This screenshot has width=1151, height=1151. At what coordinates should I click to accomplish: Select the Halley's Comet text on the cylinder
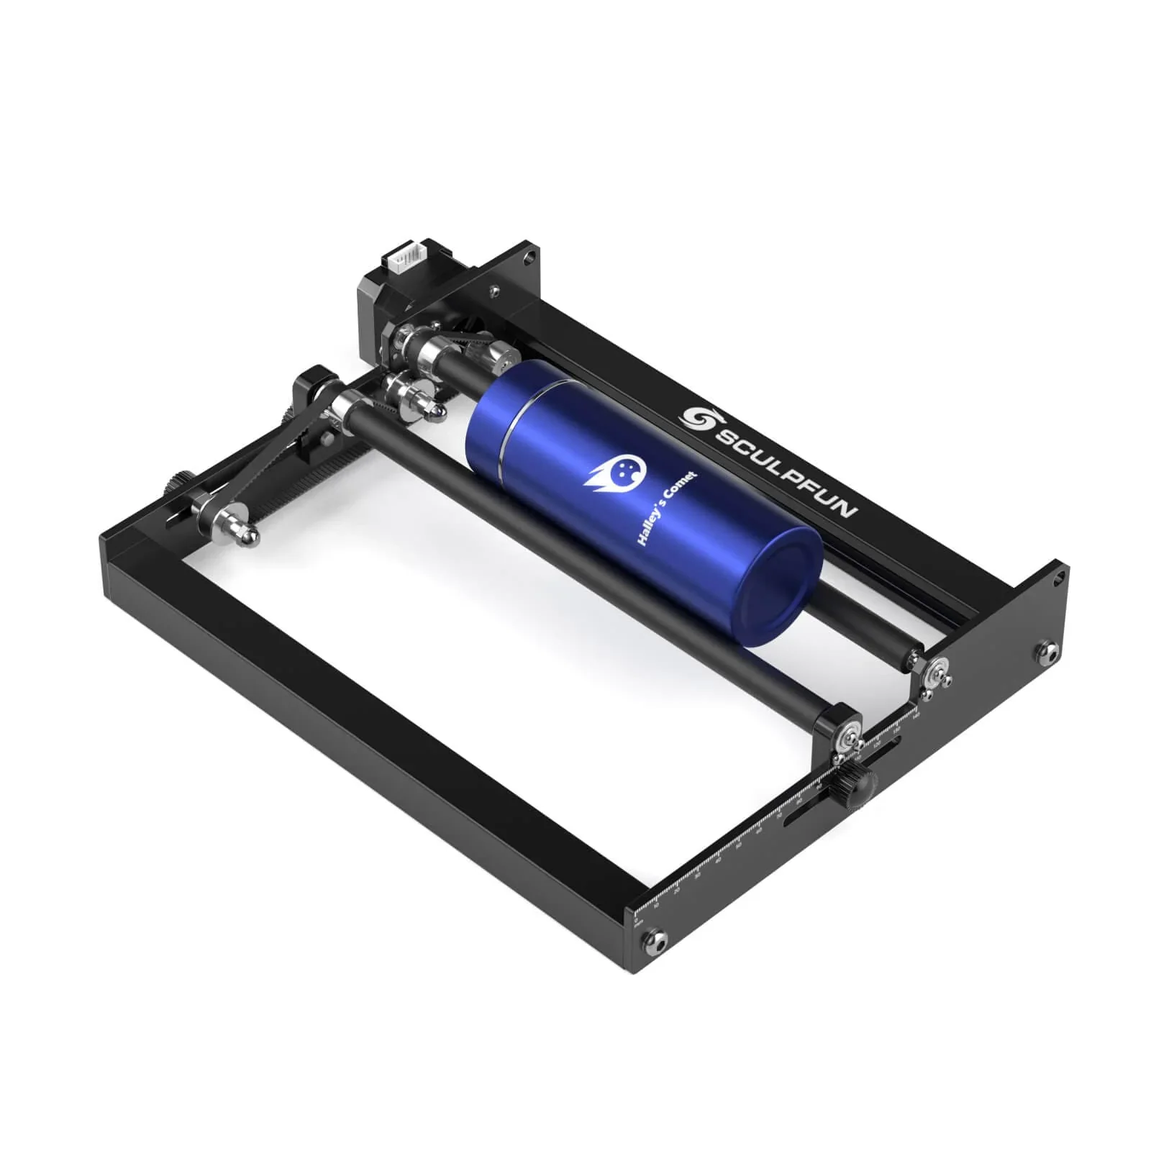click(x=666, y=508)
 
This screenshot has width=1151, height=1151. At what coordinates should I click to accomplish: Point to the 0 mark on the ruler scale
click(x=636, y=918)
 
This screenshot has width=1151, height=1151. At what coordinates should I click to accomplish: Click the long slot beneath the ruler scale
click(x=806, y=813)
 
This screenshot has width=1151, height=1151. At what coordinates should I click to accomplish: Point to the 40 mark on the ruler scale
click(x=718, y=860)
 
